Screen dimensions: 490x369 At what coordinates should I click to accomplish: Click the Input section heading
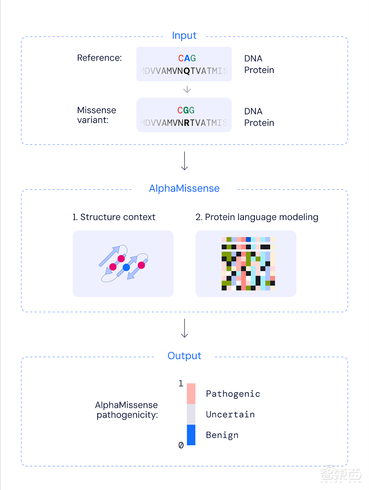pos(184,35)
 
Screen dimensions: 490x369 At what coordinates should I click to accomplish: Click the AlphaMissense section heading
pos(184,188)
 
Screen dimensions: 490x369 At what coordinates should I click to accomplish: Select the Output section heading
pos(184,356)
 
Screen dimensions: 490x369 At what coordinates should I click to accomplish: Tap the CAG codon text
pos(187,58)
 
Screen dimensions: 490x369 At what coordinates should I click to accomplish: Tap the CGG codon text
pos(186,110)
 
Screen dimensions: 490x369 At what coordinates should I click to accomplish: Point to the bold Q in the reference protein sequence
pos(186,71)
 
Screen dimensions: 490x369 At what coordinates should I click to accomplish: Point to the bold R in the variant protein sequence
pos(186,123)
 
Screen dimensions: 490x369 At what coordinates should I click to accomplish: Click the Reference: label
pos(99,58)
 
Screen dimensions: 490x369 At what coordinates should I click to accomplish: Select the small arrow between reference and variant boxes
pos(187,90)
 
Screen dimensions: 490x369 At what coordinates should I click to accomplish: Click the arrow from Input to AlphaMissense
pos(184,161)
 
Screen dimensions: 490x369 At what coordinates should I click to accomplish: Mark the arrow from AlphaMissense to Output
pos(184,328)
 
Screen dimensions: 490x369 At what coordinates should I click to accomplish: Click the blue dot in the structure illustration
pos(126,267)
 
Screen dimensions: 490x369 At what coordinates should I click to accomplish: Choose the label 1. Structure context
pos(114,217)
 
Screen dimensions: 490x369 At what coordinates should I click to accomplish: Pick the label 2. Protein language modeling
pos(257,217)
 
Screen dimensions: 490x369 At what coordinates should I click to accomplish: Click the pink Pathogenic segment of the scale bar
pos(191,394)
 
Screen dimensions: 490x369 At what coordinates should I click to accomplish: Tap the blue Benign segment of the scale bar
pos(191,435)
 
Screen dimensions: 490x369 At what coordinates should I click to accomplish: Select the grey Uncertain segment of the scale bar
pos(191,414)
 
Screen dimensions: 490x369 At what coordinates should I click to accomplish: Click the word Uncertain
pos(230,414)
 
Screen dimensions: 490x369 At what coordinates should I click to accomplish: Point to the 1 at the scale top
pos(181,384)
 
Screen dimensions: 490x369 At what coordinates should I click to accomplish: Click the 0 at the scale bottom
pos(181,445)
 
